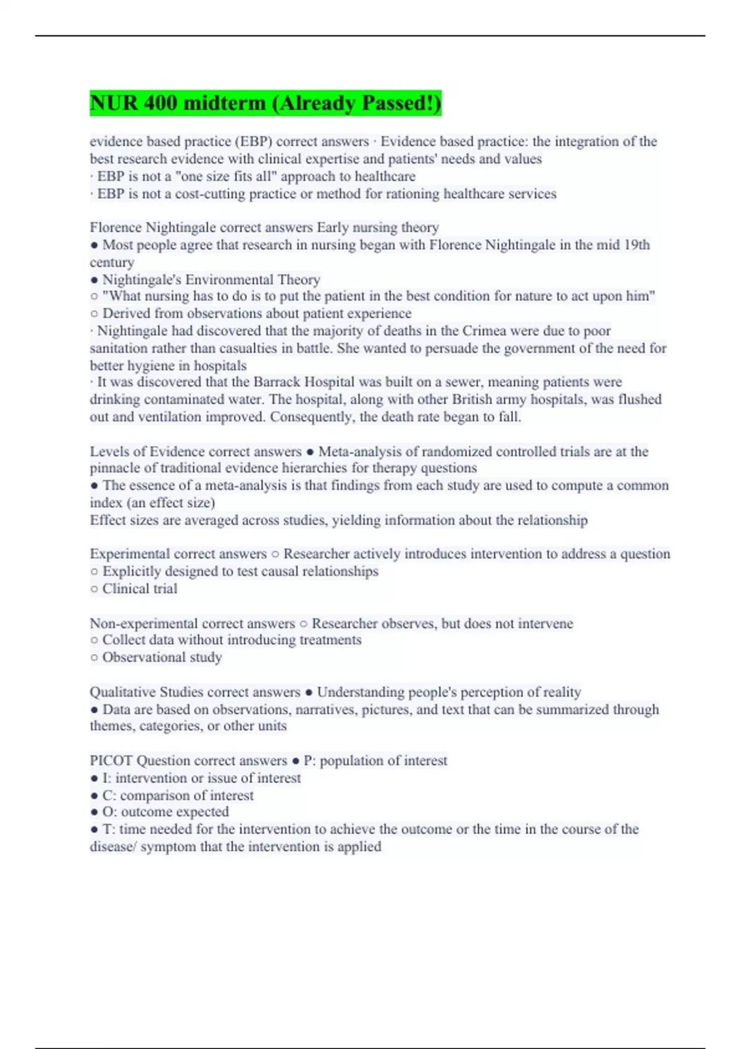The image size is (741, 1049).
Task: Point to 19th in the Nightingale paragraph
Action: point(637,245)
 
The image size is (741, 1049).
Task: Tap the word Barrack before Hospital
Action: point(278,382)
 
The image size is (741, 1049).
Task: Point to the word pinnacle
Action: point(115,468)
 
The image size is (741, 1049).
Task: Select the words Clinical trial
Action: point(140,589)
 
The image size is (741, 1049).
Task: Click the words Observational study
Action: point(162,657)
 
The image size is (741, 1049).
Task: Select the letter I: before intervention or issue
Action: point(106,778)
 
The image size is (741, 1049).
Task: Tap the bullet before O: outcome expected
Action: point(94,812)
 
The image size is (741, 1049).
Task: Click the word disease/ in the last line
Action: point(113,847)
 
